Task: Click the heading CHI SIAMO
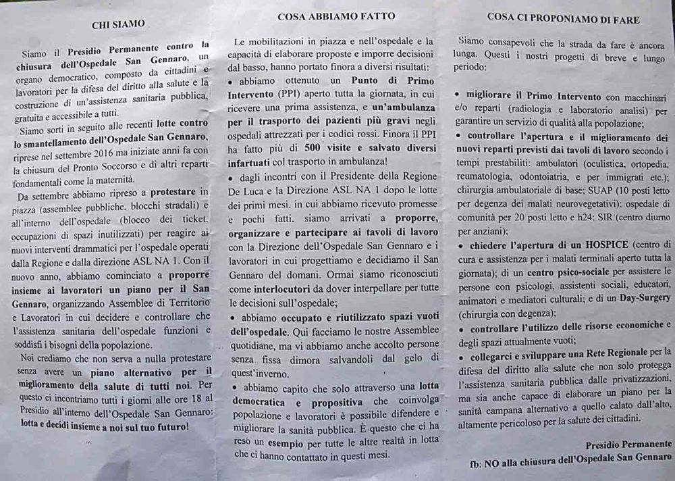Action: point(118,24)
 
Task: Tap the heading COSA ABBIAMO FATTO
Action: point(336,16)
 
